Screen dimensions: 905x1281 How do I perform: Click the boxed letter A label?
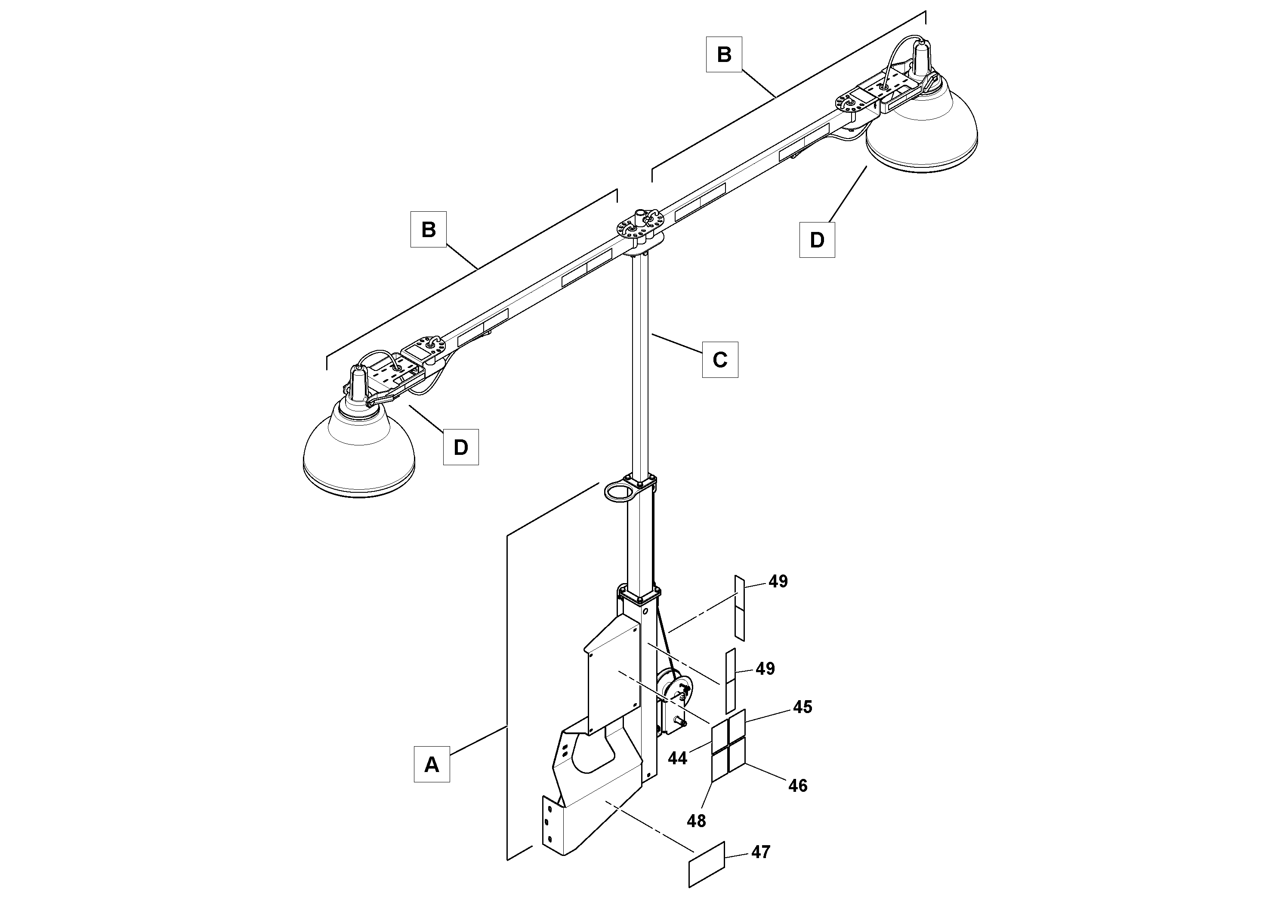pos(431,764)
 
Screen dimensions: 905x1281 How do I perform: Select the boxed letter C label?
pos(720,360)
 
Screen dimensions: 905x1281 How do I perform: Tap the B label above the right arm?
pos(724,55)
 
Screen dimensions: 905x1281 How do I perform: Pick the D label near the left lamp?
pos(460,447)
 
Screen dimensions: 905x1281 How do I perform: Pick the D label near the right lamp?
pos(817,240)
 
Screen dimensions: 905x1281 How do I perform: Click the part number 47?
pos(760,852)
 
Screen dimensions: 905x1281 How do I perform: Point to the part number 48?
pos(696,821)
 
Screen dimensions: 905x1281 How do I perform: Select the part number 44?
pos(677,758)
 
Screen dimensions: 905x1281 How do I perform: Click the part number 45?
pos(803,707)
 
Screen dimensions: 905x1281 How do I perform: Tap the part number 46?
pos(798,786)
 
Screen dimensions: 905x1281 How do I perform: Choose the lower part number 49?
pos(765,668)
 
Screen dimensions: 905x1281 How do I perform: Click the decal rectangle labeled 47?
pos(706,864)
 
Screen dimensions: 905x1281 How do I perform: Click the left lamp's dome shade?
pos(359,452)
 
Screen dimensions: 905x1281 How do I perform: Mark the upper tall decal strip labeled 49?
pos(739,608)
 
